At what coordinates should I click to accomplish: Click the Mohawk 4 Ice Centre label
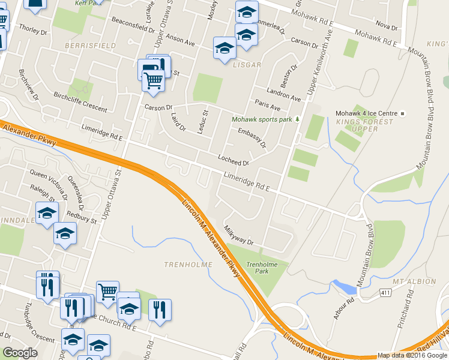(x=366, y=113)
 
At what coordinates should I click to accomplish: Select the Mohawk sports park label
(x=262, y=119)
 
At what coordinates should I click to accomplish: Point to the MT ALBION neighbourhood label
(x=414, y=281)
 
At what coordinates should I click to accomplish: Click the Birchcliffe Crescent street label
(x=80, y=102)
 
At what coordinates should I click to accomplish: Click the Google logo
(x=20, y=353)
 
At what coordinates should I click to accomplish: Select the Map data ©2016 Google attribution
(x=412, y=355)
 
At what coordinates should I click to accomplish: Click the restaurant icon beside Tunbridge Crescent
(x=47, y=284)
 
